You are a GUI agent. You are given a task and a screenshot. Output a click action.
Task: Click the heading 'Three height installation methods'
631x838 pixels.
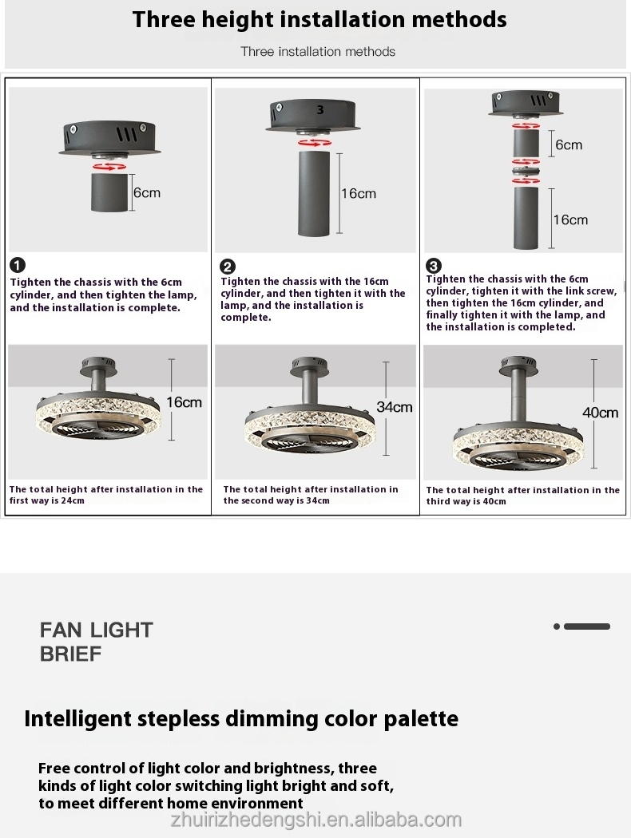click(319, 19)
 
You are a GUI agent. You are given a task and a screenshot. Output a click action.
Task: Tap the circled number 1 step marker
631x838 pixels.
click(18, 266)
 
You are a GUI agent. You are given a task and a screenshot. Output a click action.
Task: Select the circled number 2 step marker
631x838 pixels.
click(228, 267)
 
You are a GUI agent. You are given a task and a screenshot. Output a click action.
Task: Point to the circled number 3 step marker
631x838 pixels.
click(434, 266)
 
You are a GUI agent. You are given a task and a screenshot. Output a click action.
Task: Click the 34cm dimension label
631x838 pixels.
click(395, 407)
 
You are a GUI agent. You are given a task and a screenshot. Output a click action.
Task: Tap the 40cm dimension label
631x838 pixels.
click(601, 413)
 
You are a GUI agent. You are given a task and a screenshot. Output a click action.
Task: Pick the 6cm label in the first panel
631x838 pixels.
click(147, 192)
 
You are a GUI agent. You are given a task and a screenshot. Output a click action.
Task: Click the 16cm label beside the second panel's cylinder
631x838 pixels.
click(358, 194)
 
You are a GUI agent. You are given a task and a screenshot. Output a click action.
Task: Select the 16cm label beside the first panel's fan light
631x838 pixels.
click(185, 402)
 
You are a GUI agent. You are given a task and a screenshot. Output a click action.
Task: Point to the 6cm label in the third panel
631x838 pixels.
click(569, 145)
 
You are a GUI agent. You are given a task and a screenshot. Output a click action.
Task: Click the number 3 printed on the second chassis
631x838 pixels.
click(320, 110)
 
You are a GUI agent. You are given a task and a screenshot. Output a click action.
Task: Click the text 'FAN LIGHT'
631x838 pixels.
click(97, 630)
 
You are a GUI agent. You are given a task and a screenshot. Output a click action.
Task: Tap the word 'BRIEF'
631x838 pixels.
click(71, 654)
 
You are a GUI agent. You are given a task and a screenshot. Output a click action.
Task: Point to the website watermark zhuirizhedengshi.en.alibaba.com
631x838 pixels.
click(316, 820)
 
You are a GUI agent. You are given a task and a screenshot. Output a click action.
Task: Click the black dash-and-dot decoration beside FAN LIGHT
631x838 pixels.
click(582, 627)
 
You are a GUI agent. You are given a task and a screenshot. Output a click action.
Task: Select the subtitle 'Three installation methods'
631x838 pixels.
click(318, 52)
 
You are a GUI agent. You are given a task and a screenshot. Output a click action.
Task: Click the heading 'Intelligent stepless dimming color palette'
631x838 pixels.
click(241, 718)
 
